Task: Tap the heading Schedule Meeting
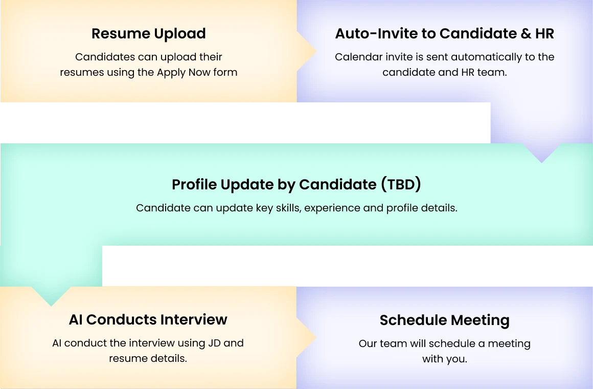tap(445, 320)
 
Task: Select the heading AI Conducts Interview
tap(148, 320)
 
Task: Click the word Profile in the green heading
tap(194, 184)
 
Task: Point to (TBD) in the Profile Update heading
tap(401, 184)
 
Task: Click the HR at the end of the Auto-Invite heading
tap(544, 34)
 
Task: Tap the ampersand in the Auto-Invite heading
tap(526, 34)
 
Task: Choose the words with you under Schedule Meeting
tap(445, 359)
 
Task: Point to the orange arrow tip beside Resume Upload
tap(316, 51)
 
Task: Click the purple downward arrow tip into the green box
tap(541, 162)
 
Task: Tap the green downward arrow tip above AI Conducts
tap(51, 305)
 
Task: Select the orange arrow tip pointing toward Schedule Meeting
tap(316, 337)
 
